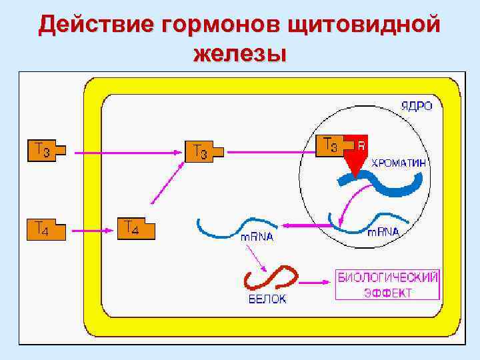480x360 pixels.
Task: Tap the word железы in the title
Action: click(x=240, y=53)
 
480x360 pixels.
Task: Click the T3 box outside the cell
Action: click(x=45, y=151)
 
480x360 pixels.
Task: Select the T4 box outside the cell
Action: click(x=45, y=230)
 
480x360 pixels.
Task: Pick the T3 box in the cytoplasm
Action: click(x=203, y=153)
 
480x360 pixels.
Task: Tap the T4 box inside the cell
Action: click(x=135, y=229)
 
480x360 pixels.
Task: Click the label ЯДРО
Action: click(x=416, y=106)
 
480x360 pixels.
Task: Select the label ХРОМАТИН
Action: click(x=399, y=162)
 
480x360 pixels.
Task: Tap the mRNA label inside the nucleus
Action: click(x=383, y=232)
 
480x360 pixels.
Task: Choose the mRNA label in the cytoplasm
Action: click(x=256, y=237)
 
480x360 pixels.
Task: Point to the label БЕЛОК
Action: click(x=267, y=299)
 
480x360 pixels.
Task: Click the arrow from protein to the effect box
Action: click(x=315, y=283)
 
